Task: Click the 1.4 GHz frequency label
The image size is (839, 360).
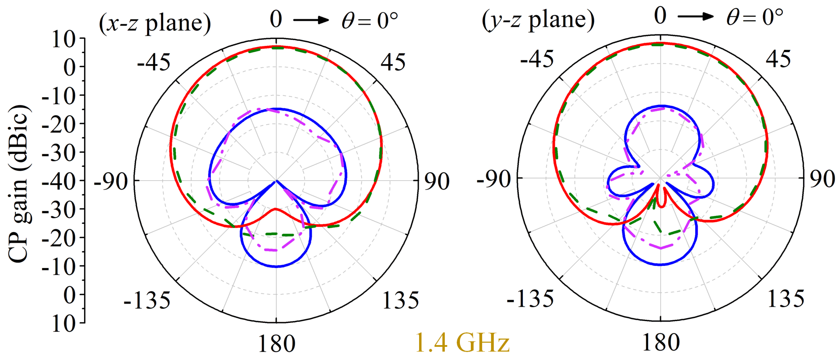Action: click(x=462, y=343)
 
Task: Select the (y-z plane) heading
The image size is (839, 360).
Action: click(x=538, y=20)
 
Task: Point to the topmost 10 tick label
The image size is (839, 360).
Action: click(x=64, y=40)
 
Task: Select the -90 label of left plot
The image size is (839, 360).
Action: click(x=111, y=182)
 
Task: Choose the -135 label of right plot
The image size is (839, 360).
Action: click(x=530, y=298)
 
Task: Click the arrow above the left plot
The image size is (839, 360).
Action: click(x=311, y=20)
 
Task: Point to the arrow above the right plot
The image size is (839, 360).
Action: click(x=696, y=16)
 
